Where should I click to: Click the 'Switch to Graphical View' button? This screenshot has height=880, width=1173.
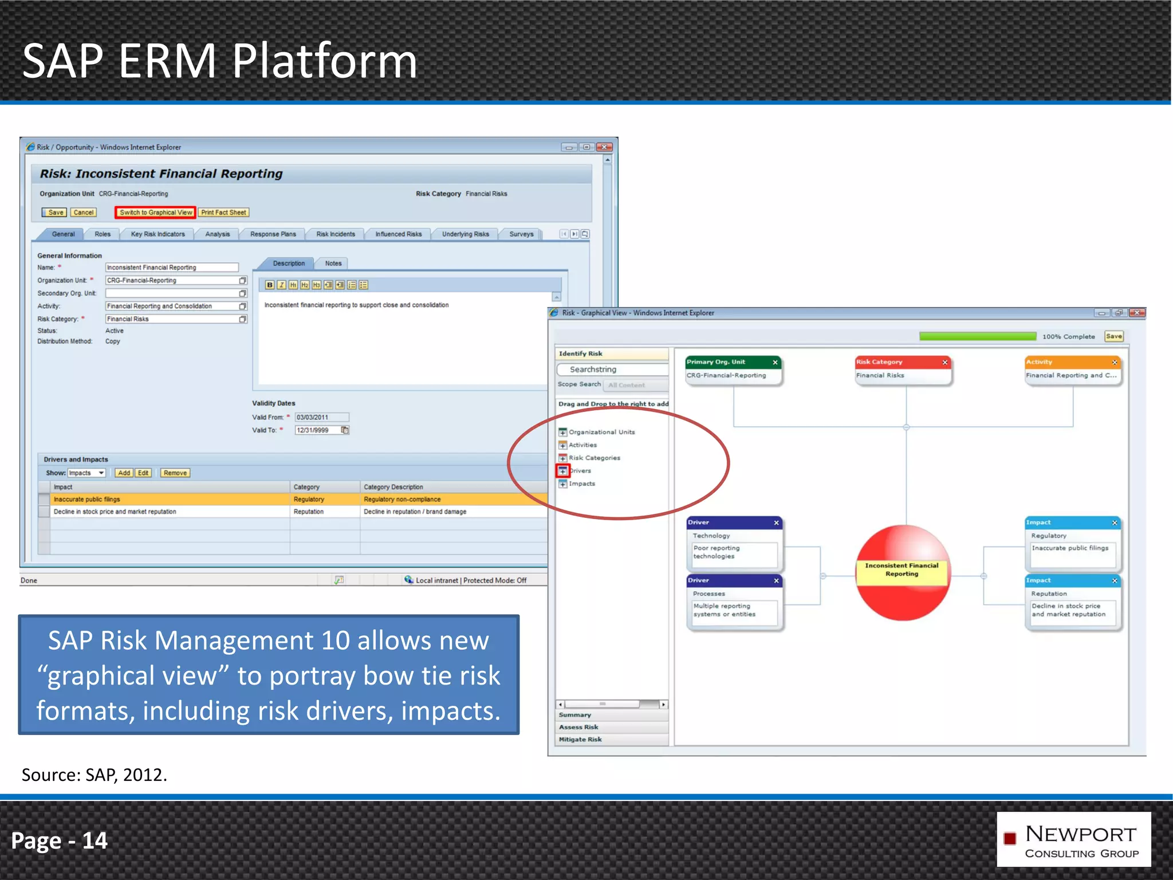[155, 213]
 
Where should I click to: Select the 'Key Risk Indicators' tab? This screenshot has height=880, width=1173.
[158, 234]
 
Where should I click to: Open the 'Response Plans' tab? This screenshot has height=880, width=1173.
[273, 234]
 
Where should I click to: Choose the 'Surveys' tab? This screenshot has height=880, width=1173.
[521, 234]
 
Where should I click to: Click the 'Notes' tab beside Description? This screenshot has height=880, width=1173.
[333, 264]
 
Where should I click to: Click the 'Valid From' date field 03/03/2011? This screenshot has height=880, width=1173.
[321, 418]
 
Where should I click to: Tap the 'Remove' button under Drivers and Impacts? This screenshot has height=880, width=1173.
[175, 473]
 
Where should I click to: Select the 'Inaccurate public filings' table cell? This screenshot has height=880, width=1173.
[87, 500]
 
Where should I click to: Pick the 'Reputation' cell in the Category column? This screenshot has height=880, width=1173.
[309, 512]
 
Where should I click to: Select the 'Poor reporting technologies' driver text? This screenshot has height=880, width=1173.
[717, 552]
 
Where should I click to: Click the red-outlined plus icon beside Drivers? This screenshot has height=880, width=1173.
[563, 471]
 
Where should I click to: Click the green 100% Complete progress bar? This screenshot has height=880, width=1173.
[977, 337]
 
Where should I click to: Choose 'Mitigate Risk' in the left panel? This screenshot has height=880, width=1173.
[580, 740]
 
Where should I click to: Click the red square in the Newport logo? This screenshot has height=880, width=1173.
[1010, 839]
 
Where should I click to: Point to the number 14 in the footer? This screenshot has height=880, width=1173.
[95, 841]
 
